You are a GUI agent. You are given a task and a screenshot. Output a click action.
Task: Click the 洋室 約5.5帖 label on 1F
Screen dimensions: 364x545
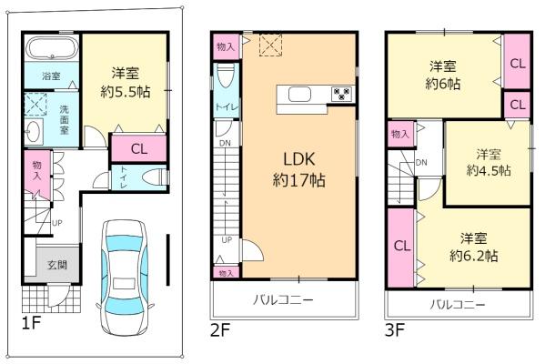click(126, 83)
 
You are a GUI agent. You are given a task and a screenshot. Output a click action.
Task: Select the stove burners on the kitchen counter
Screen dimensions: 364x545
click(342, 93)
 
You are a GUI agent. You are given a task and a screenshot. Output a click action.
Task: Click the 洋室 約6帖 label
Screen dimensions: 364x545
click(444, 73)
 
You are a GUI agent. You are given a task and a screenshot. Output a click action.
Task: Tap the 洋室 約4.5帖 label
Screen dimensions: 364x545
click(488, 161)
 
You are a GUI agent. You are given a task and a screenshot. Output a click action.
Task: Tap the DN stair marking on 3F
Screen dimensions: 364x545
click(421, 163)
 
